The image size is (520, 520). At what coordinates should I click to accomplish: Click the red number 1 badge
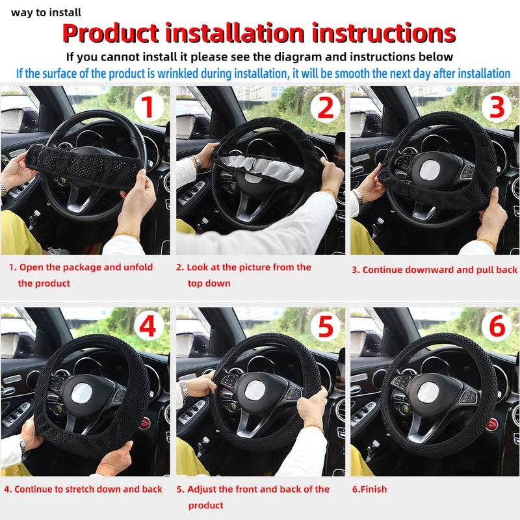(x=148, y=107)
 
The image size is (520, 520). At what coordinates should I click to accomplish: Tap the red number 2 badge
(x=324, y=107)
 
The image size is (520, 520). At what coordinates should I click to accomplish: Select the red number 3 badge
(x=497, y=107)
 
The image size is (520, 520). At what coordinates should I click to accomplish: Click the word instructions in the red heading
(x=383, y=32)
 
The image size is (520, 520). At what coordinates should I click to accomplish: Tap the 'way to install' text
(x=46, y=12)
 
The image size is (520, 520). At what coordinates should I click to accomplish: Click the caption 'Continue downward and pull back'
(x=434, y=270)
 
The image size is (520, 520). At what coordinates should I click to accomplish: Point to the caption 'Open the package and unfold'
(x=81, y=267)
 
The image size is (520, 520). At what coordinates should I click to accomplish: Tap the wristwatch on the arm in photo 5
(x=185, y=389)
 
